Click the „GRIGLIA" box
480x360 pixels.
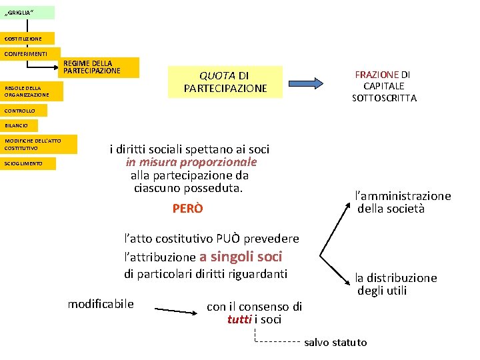pyautogui.click(x=27, y=13)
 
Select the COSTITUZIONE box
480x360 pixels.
pyautogui.click(x=27, y=39)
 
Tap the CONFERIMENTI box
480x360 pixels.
pyautogui.click(x=30, y=53)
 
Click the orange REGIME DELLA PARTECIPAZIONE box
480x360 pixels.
pyautogui.click(x=100, y=67)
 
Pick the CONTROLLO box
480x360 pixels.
pyautogui.click(x=24, y=111)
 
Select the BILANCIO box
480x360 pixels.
pyautogui.click(x=19, y=125)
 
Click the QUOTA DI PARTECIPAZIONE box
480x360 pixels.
pyautogui.click(x=225, y=82)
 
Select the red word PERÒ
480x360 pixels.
pyautogui.click(x=187, y=209)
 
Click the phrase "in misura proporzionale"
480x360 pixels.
pyautogui.click(x=191, y=162)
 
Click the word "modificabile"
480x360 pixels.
pyautogui.click(x=101, y=304)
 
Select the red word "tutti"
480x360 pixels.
pyautogui.click(x=239, y=319)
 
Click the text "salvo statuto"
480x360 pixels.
pyautogui.click(x=335, y=343)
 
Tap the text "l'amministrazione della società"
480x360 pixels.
pyautogui.click(x=403, y=202)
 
